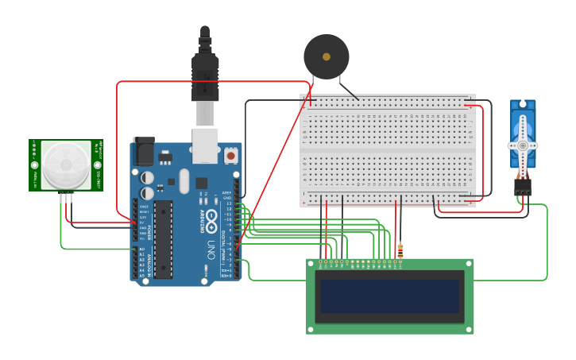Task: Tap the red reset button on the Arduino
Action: (x=231, y=156)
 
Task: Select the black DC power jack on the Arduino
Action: (x=144, y=151)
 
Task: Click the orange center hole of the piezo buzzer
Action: (x=326, y=56)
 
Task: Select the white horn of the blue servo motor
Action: (x=522, y=145)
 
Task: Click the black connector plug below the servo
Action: (x=522, y=187)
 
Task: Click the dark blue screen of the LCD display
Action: (x=389, y=296)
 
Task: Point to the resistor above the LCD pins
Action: (x=400, y=251)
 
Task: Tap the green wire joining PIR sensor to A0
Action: (x=79, y=249)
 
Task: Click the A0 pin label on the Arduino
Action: (x=142, y=250)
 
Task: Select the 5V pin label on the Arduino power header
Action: (x=143, y=223)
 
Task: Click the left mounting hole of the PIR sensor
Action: (x=35, y=165)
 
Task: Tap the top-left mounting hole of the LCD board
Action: (x=311, y=263)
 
